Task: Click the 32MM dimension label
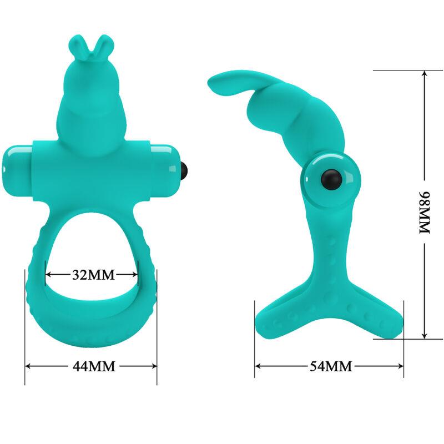tap(92, 274)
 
